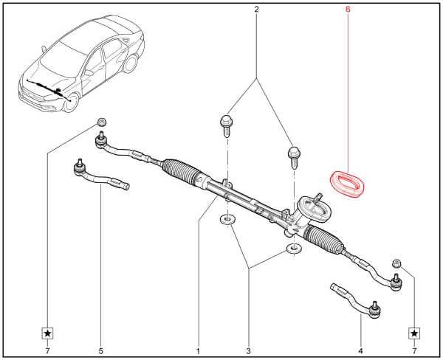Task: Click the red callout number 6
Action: pos(348,10)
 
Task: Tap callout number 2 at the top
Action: pos(256,10)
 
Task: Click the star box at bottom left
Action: pos(47,333)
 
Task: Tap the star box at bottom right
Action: pos(414,333)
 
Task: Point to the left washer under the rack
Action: pos(226,220)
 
